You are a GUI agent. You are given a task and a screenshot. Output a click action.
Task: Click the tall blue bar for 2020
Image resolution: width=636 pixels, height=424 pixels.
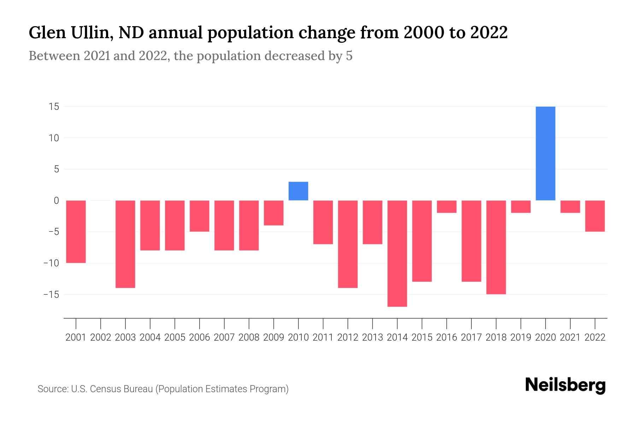(546, 153)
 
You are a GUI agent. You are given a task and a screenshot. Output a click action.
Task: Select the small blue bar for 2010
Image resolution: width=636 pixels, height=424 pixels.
(298, 191)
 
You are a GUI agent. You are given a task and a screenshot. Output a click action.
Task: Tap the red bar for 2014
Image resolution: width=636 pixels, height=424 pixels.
(397, 253)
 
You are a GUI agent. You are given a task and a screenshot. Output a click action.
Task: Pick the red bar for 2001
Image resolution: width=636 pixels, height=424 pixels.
(76, 231)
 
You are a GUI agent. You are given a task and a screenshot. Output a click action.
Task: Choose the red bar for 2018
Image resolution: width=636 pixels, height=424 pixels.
(496, 247)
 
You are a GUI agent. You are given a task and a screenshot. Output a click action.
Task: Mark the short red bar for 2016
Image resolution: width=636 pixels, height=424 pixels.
(447, 207)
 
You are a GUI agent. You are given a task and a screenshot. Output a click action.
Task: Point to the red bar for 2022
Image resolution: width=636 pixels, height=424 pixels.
(595, 216)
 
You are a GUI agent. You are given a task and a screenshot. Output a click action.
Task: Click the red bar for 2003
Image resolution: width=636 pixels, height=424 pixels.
(125, 244)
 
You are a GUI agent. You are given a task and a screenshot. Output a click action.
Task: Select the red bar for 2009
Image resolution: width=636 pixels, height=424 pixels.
(273, 213)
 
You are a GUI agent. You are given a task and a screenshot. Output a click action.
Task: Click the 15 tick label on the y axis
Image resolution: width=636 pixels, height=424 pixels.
(54, 107)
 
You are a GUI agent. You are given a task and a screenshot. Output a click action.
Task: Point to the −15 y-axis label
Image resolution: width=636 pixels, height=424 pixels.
(51, 294)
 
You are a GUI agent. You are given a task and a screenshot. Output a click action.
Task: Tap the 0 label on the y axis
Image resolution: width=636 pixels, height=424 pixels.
(56, 201)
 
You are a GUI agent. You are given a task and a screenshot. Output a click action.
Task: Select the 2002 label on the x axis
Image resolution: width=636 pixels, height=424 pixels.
(101, 337)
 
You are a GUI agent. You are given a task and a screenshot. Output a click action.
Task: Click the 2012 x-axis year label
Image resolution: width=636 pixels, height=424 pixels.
(348, 337)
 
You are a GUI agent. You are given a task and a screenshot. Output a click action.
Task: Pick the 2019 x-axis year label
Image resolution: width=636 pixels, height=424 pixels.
(521, 337)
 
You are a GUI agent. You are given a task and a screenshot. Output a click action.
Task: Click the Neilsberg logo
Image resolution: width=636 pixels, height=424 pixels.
(565, 385)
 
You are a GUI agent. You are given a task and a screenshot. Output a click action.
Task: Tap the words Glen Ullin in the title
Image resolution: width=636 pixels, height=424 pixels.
(71, 33)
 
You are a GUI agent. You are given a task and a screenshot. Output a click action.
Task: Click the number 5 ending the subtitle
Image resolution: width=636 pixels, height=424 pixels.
(349, 56)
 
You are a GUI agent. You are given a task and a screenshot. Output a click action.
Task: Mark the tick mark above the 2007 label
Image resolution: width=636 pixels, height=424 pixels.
(224, 323)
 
